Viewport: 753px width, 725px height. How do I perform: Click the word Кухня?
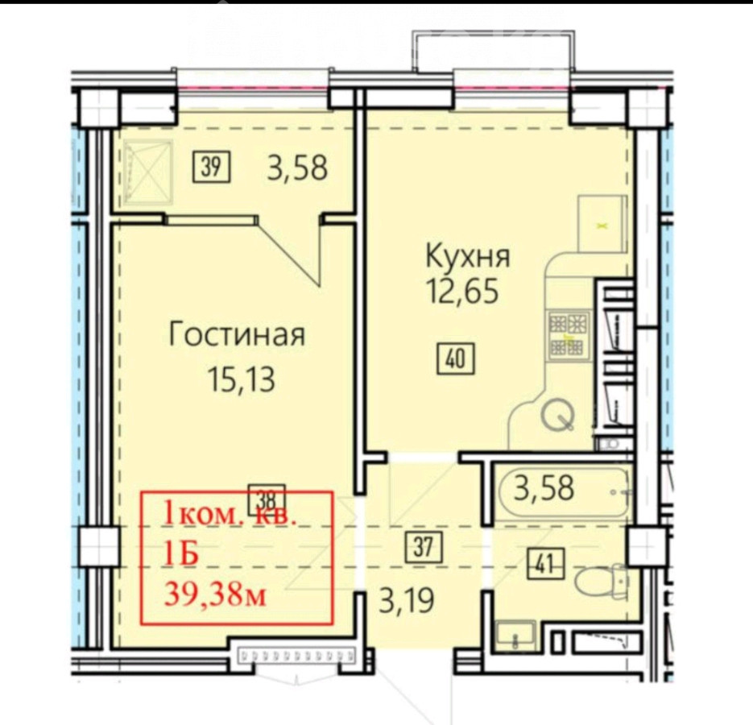click(468, 257)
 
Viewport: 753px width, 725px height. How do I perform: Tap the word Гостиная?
click(237, 334)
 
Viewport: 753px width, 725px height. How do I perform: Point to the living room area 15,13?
click(241, 379)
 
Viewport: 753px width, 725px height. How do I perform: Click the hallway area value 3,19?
click(407, 600)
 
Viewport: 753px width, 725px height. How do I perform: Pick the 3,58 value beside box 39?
click(297, 168)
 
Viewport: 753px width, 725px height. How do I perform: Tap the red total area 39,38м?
click(216, 596)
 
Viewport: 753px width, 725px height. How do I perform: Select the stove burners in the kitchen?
click(569, 334)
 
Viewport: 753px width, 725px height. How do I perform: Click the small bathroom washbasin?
click(513, 635)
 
